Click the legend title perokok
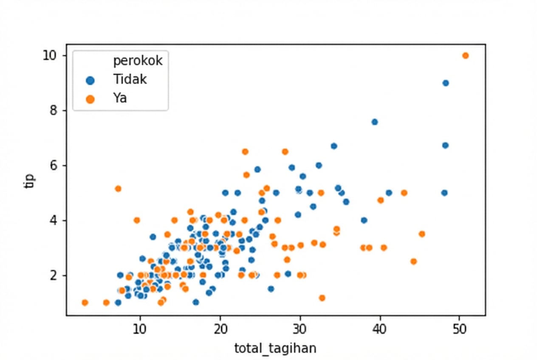click(138, 61)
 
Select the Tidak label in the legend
click(130, 79)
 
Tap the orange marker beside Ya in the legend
click(90, 98)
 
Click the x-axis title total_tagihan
click(275, 348)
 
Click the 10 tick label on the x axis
click(139, 329)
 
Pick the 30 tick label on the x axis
click(300, 329)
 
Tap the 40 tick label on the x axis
click(380, 329)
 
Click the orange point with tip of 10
click(465, 56)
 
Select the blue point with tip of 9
click(445, 83)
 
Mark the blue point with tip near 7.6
click(374, 122)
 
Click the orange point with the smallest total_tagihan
click(85, 303)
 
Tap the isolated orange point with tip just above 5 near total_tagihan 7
click(118, 188)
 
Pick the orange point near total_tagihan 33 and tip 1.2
click(322, 298)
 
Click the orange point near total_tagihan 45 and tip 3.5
click(421, 234)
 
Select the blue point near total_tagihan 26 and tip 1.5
click(271, 289)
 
